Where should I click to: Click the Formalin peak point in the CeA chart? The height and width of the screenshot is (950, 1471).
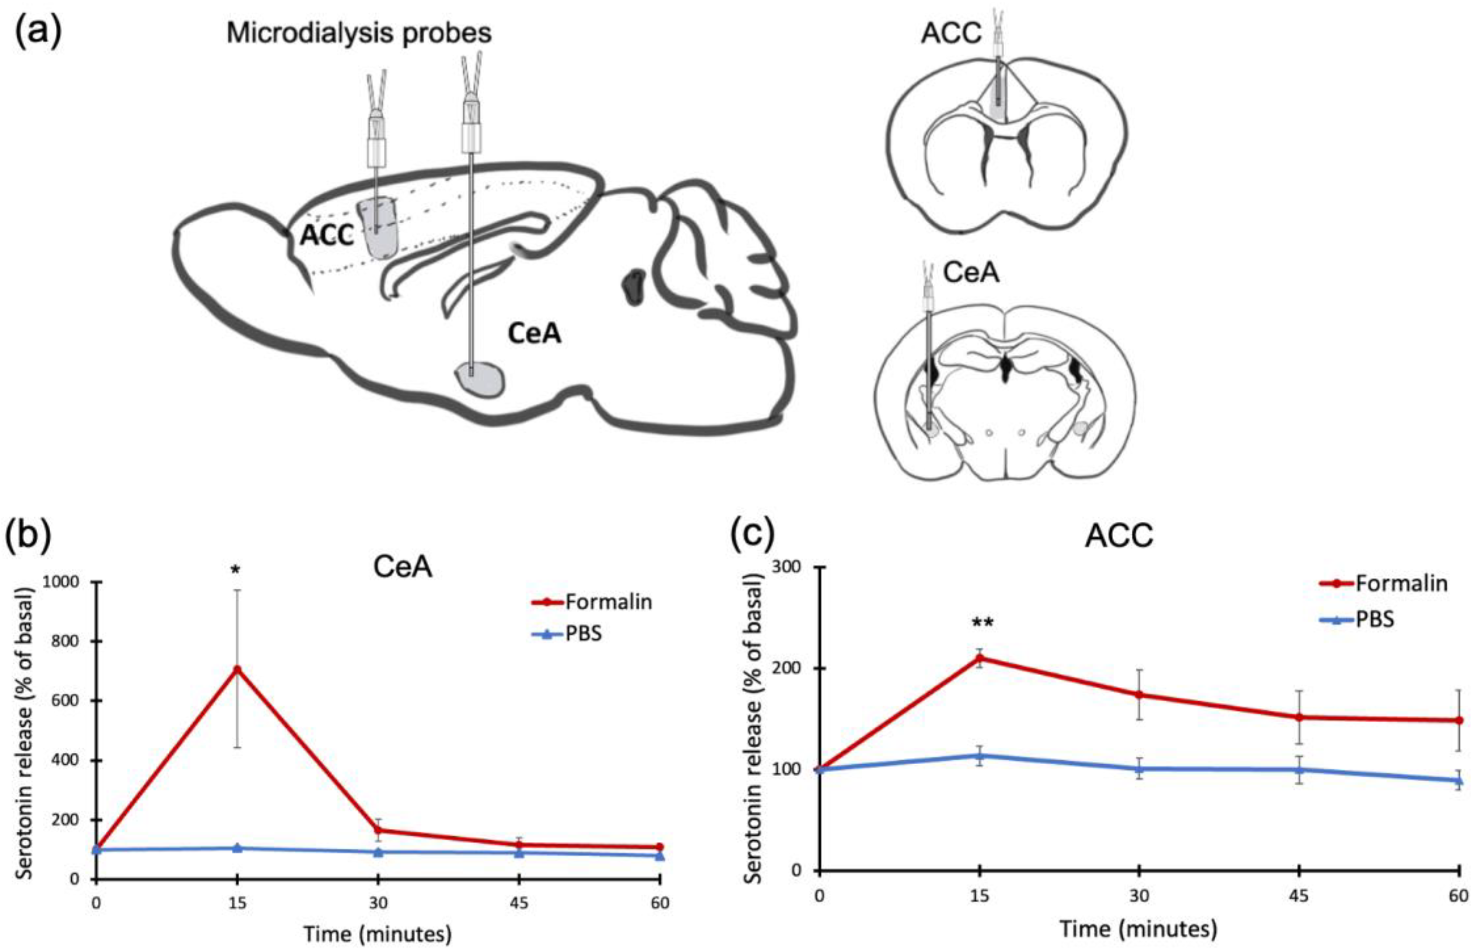[236, 669]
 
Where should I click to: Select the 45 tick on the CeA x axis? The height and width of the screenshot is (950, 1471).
[519, 903]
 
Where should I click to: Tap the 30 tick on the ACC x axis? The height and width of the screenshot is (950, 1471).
[1139, 895]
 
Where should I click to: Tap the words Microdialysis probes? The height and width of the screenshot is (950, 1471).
[359, 33]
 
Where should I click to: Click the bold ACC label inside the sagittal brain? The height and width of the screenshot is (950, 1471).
[327, 235]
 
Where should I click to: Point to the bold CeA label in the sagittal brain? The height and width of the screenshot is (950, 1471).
[534, 334]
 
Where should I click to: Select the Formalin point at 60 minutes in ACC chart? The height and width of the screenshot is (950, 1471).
[1459, 721]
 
